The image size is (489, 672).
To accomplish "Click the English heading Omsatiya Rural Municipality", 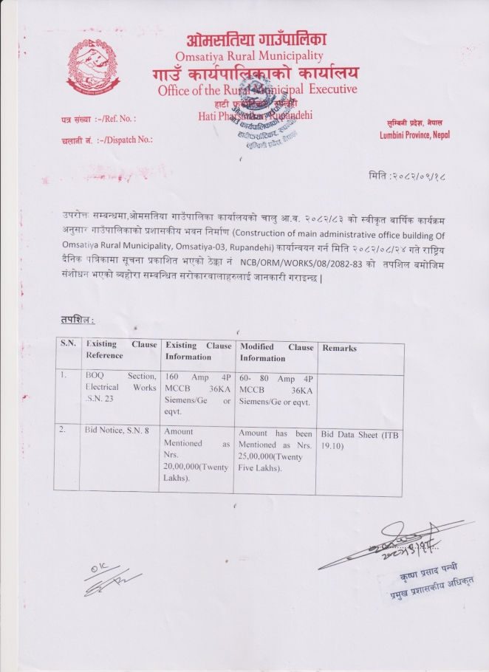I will point(249,56).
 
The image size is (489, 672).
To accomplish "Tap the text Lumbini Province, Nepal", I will point(414,135).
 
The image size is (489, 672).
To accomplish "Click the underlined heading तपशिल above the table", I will point(77,320).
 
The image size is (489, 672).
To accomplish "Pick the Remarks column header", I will point(339,348).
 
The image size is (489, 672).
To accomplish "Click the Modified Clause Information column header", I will point(276,352).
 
